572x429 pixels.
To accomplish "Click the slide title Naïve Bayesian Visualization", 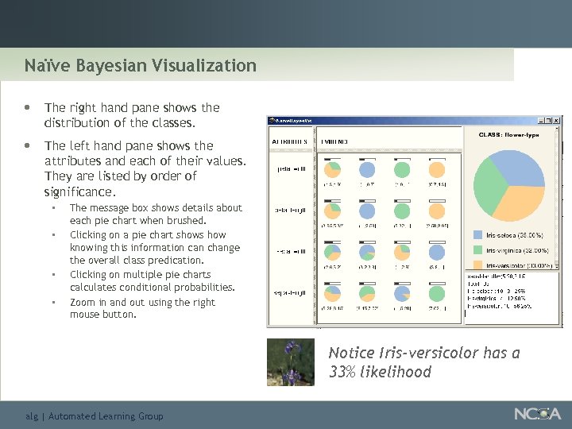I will [140, 65].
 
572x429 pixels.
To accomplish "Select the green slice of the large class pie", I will [490, 185].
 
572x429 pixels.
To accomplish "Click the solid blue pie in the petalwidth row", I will [368, 169].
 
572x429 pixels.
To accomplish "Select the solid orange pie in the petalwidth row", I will [437, 169].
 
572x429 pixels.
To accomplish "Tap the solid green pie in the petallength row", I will [401, 211].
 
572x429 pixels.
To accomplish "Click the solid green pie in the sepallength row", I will [437, 292].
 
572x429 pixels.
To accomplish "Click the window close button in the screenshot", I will [557, 121].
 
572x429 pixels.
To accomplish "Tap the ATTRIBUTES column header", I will [290, 140].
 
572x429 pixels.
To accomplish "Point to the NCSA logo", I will [536, 414].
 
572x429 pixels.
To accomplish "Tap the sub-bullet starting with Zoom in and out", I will [142, 308].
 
